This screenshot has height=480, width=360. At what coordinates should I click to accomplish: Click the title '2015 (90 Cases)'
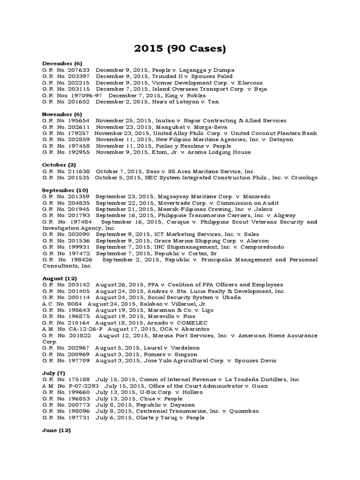click(x=180, y=48)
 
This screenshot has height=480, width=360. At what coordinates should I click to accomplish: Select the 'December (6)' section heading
click(x=62, y=63)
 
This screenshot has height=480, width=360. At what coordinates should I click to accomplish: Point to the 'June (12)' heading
click(x=56, y=430)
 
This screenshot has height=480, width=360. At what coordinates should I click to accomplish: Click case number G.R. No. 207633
click(x=66, y=70)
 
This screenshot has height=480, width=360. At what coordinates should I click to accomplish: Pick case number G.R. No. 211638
click(x=66, y=172)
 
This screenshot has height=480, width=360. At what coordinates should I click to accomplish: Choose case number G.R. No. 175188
click(x=66, y=379)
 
